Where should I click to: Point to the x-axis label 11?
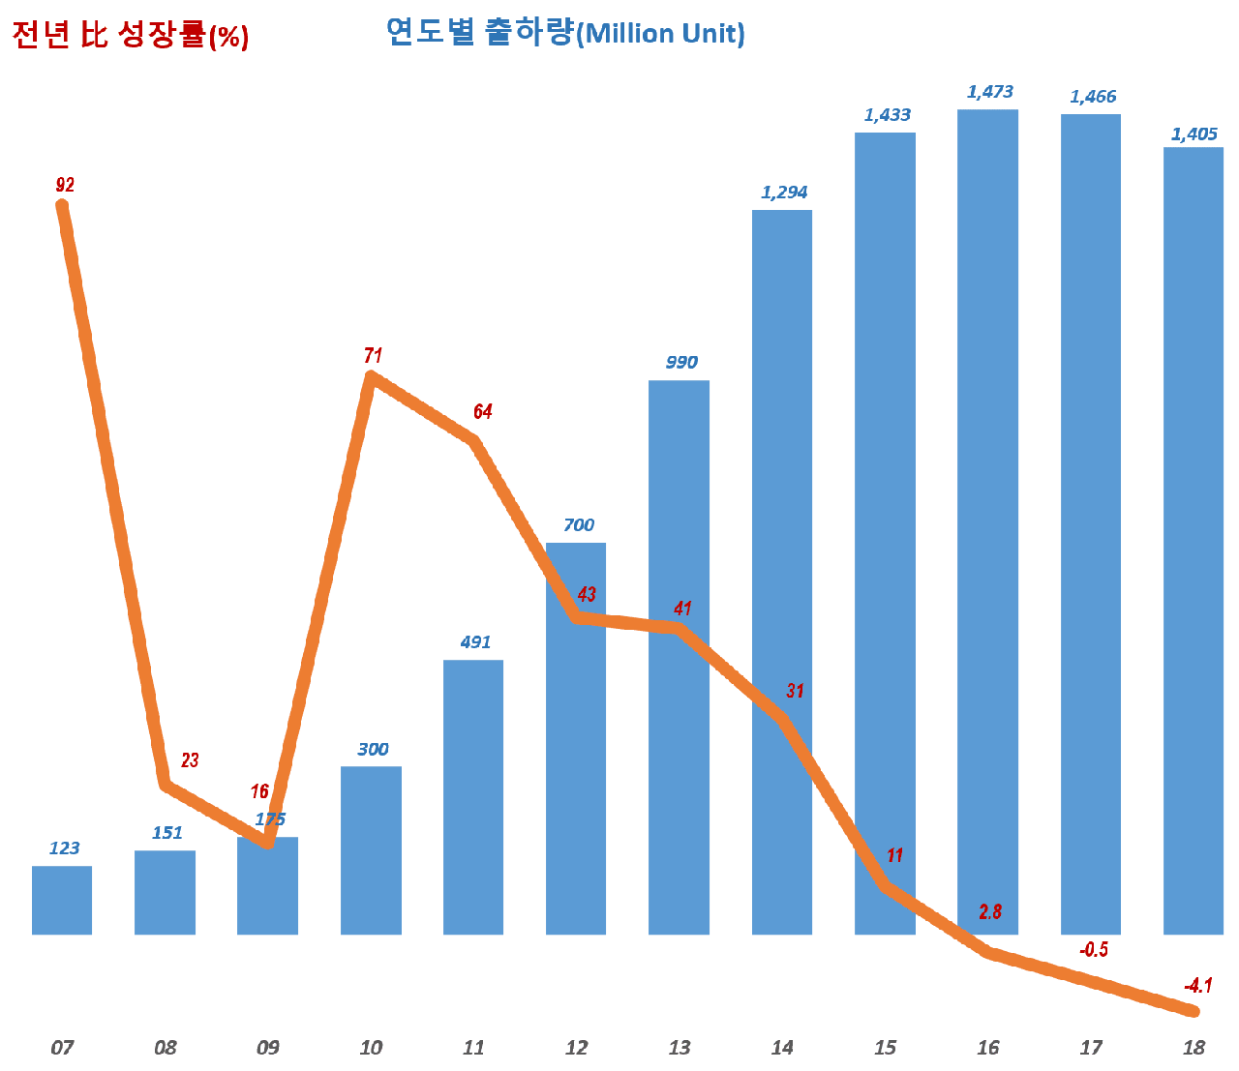(473, 1047)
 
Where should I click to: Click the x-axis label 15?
(885, 1047)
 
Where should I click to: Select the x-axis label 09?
(268, 1047)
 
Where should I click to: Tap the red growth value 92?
(65, 185)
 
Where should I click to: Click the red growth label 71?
(373, 356)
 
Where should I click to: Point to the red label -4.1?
(1197, 986)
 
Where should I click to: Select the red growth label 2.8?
(989, 910)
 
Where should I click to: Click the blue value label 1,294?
(784, 193)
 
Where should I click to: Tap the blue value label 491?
(475, 641)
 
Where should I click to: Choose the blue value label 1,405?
(1194, 134)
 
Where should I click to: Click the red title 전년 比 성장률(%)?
(131, 36)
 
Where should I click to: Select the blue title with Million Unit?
(565, 33)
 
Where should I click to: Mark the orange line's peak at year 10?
(373, 378)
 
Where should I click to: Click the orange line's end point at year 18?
(1194, 1011)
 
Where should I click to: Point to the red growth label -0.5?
(1093, 949)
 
